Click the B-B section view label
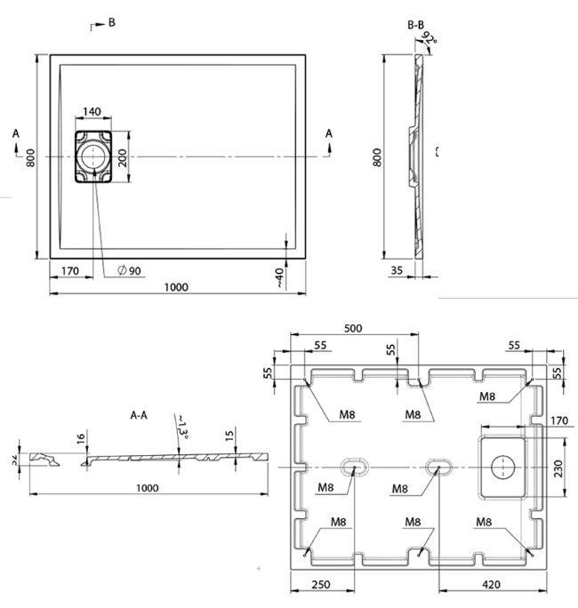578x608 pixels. coord(414,25)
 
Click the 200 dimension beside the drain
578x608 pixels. coord(123,157)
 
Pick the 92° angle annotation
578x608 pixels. coord(430,37)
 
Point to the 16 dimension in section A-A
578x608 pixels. coord(80,438)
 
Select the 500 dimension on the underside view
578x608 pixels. coord(353,328)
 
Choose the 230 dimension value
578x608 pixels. coord(558,468)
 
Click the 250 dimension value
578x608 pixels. coord(323,586)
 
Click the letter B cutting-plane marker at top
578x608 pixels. coord(111,23)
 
